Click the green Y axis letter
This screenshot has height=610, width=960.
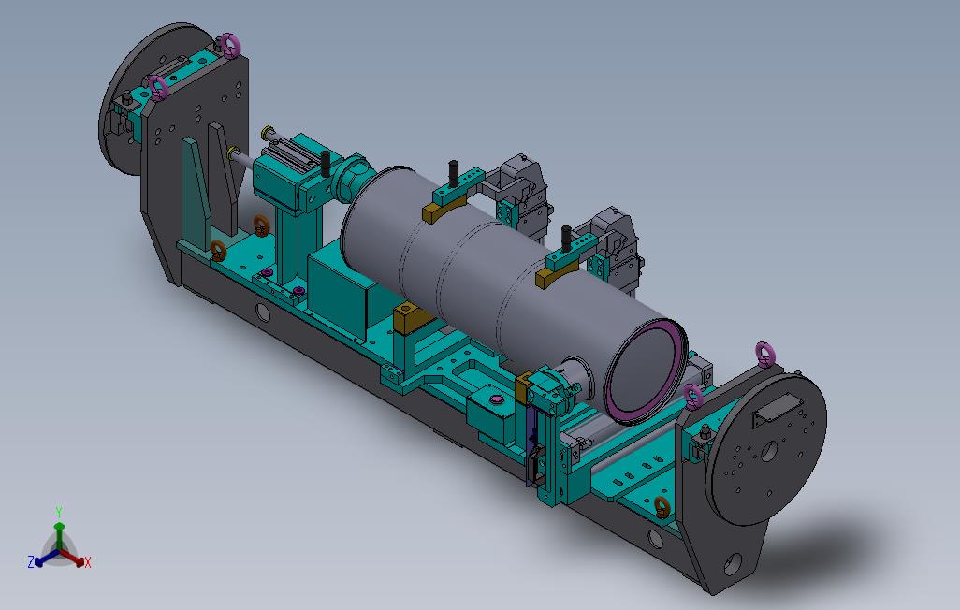[x=59, y=512]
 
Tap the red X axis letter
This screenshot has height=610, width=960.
[x=88, y=562]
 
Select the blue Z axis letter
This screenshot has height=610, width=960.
[x=31, y=561]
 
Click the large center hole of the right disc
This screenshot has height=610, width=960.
[x=768, y=452]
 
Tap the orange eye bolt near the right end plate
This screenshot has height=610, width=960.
[x=661, y=506]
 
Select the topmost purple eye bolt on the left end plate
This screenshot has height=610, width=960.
[x=230, y=44]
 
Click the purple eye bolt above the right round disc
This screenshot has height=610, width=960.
[x=764, y=354]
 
